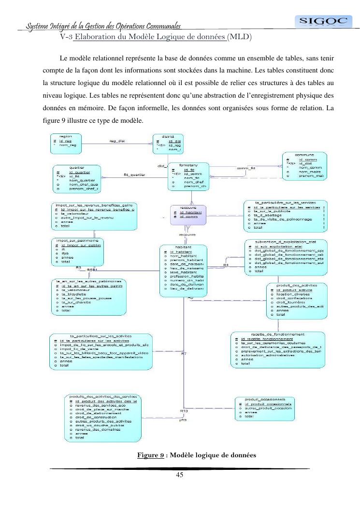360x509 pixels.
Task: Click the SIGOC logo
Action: pos(317,21)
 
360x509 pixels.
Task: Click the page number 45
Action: pos(179,474)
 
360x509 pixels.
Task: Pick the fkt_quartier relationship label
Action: pos(131,174)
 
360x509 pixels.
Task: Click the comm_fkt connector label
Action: pos(245,168)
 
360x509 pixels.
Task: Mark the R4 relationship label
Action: pos(226,265)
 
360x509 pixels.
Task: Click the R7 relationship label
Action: pos(184,354)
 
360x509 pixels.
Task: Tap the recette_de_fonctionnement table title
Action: pos(277,334)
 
